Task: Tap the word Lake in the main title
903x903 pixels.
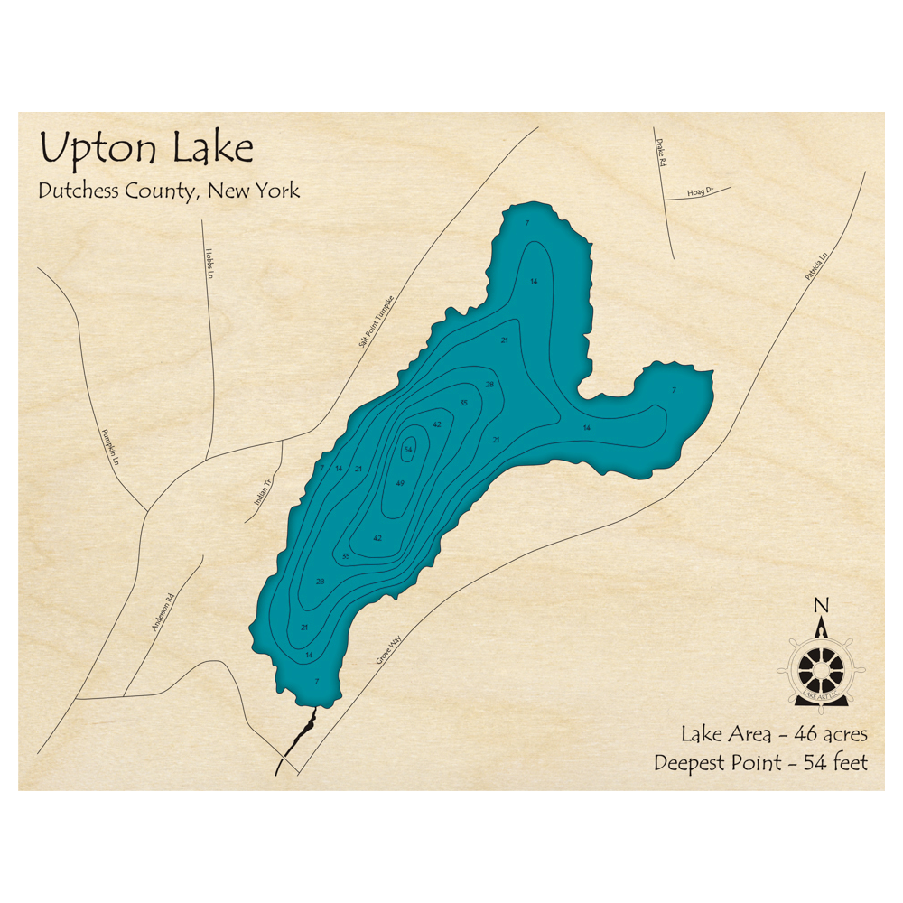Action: click(213, 148)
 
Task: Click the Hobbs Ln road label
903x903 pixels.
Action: click(209, 264)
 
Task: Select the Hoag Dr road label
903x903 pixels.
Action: click(700, 192)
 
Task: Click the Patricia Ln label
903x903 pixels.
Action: click(816, 269)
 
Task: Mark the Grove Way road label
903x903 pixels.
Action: click(389, 649)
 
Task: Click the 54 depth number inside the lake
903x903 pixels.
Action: click(408, 450)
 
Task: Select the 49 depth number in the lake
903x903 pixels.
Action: click(400, 484)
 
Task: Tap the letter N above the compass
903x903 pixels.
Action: click(821, 605)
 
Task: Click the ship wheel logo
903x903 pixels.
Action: click(821, 669)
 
